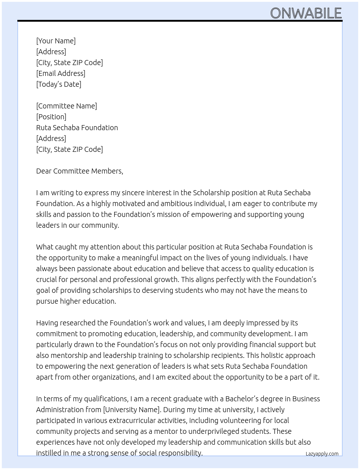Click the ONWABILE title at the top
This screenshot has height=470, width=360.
(306, 13)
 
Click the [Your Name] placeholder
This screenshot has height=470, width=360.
(56, 41)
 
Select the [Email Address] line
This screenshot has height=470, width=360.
(60, 73)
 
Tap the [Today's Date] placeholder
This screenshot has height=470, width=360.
(59, 84)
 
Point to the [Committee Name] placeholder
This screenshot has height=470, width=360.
(67, 106)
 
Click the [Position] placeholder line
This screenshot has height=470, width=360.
(51, 117)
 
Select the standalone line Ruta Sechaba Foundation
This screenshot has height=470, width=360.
(77, 128)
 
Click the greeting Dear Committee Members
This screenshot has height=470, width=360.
(80, 171)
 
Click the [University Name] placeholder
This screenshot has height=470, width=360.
(132, 410)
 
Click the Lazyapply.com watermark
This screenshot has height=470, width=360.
(322, 454)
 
